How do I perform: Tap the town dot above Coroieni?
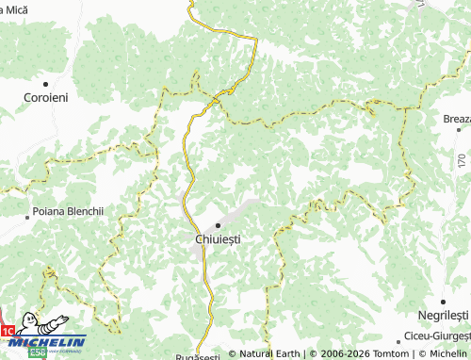pyautogui.click(x=44, y=84)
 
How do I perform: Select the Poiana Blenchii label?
pyautogui.click(x=67, y=212)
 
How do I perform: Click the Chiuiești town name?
pyautogui.click(x=218, y=239)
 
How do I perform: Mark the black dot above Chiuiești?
pyautogui.click(x=218, y=225)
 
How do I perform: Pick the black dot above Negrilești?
pyautogui.click(x=444, y=301)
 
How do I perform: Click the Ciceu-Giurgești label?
pyautogui.click(x=436, y=335)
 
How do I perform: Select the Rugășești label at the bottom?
pyautogui.click(x=198, y=356)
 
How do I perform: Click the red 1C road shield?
pyautogui.click(x=8, y=332)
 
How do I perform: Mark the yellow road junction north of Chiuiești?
pyautogui.click(x=216, y=97)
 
